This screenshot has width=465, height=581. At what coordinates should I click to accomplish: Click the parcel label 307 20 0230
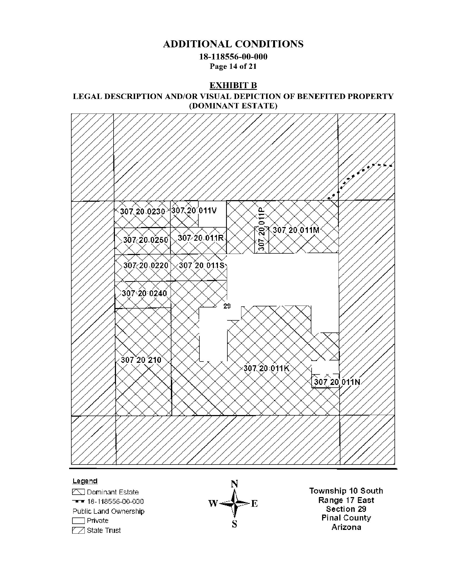point(142,211)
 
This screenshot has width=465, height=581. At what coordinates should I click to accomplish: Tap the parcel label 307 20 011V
point(194,210)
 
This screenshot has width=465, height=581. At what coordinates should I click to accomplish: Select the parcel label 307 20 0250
point(146,240)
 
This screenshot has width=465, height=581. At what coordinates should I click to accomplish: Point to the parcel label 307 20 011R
point(201,238)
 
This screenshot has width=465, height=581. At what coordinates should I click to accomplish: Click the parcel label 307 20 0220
point(146,265)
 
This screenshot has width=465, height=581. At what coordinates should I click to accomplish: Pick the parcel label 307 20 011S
point(202,265)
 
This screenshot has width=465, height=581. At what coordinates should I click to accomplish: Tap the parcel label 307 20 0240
point(144,293)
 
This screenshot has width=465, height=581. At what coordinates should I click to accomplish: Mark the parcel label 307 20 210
point(141,360)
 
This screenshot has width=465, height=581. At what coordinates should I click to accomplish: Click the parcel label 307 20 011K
point(266,368)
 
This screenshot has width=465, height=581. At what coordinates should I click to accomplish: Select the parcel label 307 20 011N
point(337,382)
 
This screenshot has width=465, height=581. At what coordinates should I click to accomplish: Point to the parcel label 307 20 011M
point(296,230)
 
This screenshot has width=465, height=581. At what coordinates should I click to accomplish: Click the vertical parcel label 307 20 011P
point(262,229)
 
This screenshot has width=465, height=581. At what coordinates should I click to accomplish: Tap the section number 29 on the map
point(227,306)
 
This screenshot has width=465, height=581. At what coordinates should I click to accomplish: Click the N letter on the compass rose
point(234,484)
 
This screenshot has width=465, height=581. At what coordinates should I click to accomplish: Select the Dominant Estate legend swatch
point(79,492)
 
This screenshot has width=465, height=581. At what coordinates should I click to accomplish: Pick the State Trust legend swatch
point(79,530)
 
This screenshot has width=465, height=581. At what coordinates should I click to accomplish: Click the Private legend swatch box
point(79,521)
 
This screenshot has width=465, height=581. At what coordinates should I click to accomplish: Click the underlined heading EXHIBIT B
point(233,86)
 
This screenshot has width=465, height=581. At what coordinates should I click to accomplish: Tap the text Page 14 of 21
point(233,66)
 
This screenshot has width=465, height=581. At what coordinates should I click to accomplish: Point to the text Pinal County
point(346,518)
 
